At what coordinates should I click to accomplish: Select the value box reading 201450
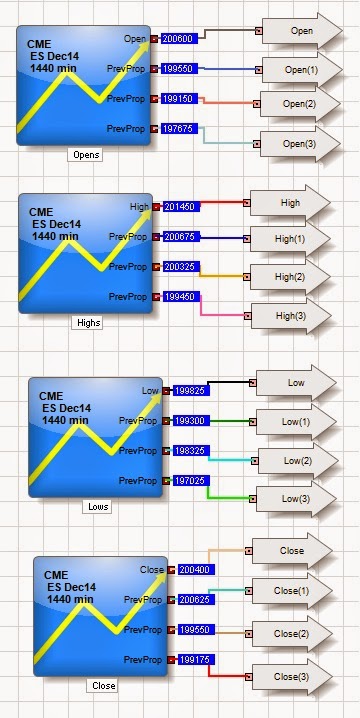pyautogui.click(x=180, y=207)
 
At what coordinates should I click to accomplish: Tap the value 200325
pyautogui.click(x=180, y=267)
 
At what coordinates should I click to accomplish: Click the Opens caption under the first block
pyautogui.click(x=86, y=154)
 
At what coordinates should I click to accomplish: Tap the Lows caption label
pyautogui.click(x=97, y=506)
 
